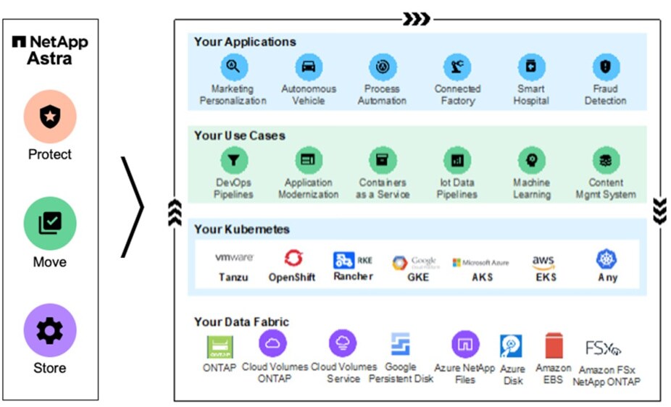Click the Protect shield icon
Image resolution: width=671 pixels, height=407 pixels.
(50, 117)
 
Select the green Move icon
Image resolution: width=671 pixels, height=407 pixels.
(50, 224)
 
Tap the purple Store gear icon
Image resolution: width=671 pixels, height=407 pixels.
(50, 330)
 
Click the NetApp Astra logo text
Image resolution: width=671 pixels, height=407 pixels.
(50, 50)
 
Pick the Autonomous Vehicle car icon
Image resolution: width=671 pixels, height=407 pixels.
(309, 67)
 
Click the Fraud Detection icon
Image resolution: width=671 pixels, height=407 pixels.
(605, 67)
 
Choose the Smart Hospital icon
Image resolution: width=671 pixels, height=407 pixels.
(531, 67)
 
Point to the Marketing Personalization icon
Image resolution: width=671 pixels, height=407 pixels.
(234, 67)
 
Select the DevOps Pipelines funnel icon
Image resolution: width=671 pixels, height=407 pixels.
(234, 160)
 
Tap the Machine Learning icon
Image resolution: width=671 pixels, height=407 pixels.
(531, 160)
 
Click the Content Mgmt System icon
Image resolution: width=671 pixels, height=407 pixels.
(605, 160)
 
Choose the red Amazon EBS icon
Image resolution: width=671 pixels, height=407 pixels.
(554, 346)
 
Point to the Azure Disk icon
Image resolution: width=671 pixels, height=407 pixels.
(512, 347)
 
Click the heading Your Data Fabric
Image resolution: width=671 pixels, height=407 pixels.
(241, 322)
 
